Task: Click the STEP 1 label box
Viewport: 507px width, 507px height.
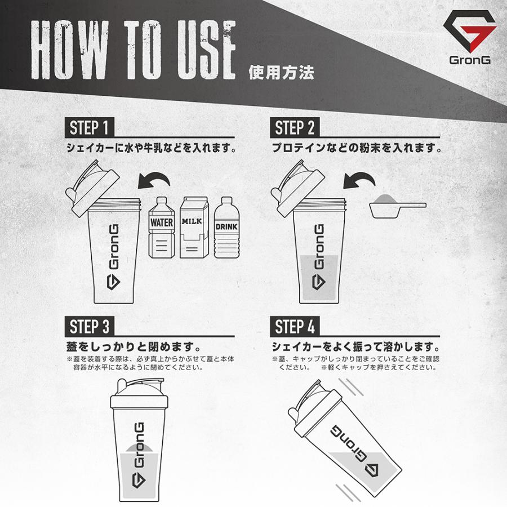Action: pyautogui.click(x=89, y=127)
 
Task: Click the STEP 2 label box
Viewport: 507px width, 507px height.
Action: pyautogui.click(x=295, y=127)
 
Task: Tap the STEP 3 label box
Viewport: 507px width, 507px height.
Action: pyautogui.click(x=89, y=326)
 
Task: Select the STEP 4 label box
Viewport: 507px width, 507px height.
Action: pyautogui.click(x=295, y=326)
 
